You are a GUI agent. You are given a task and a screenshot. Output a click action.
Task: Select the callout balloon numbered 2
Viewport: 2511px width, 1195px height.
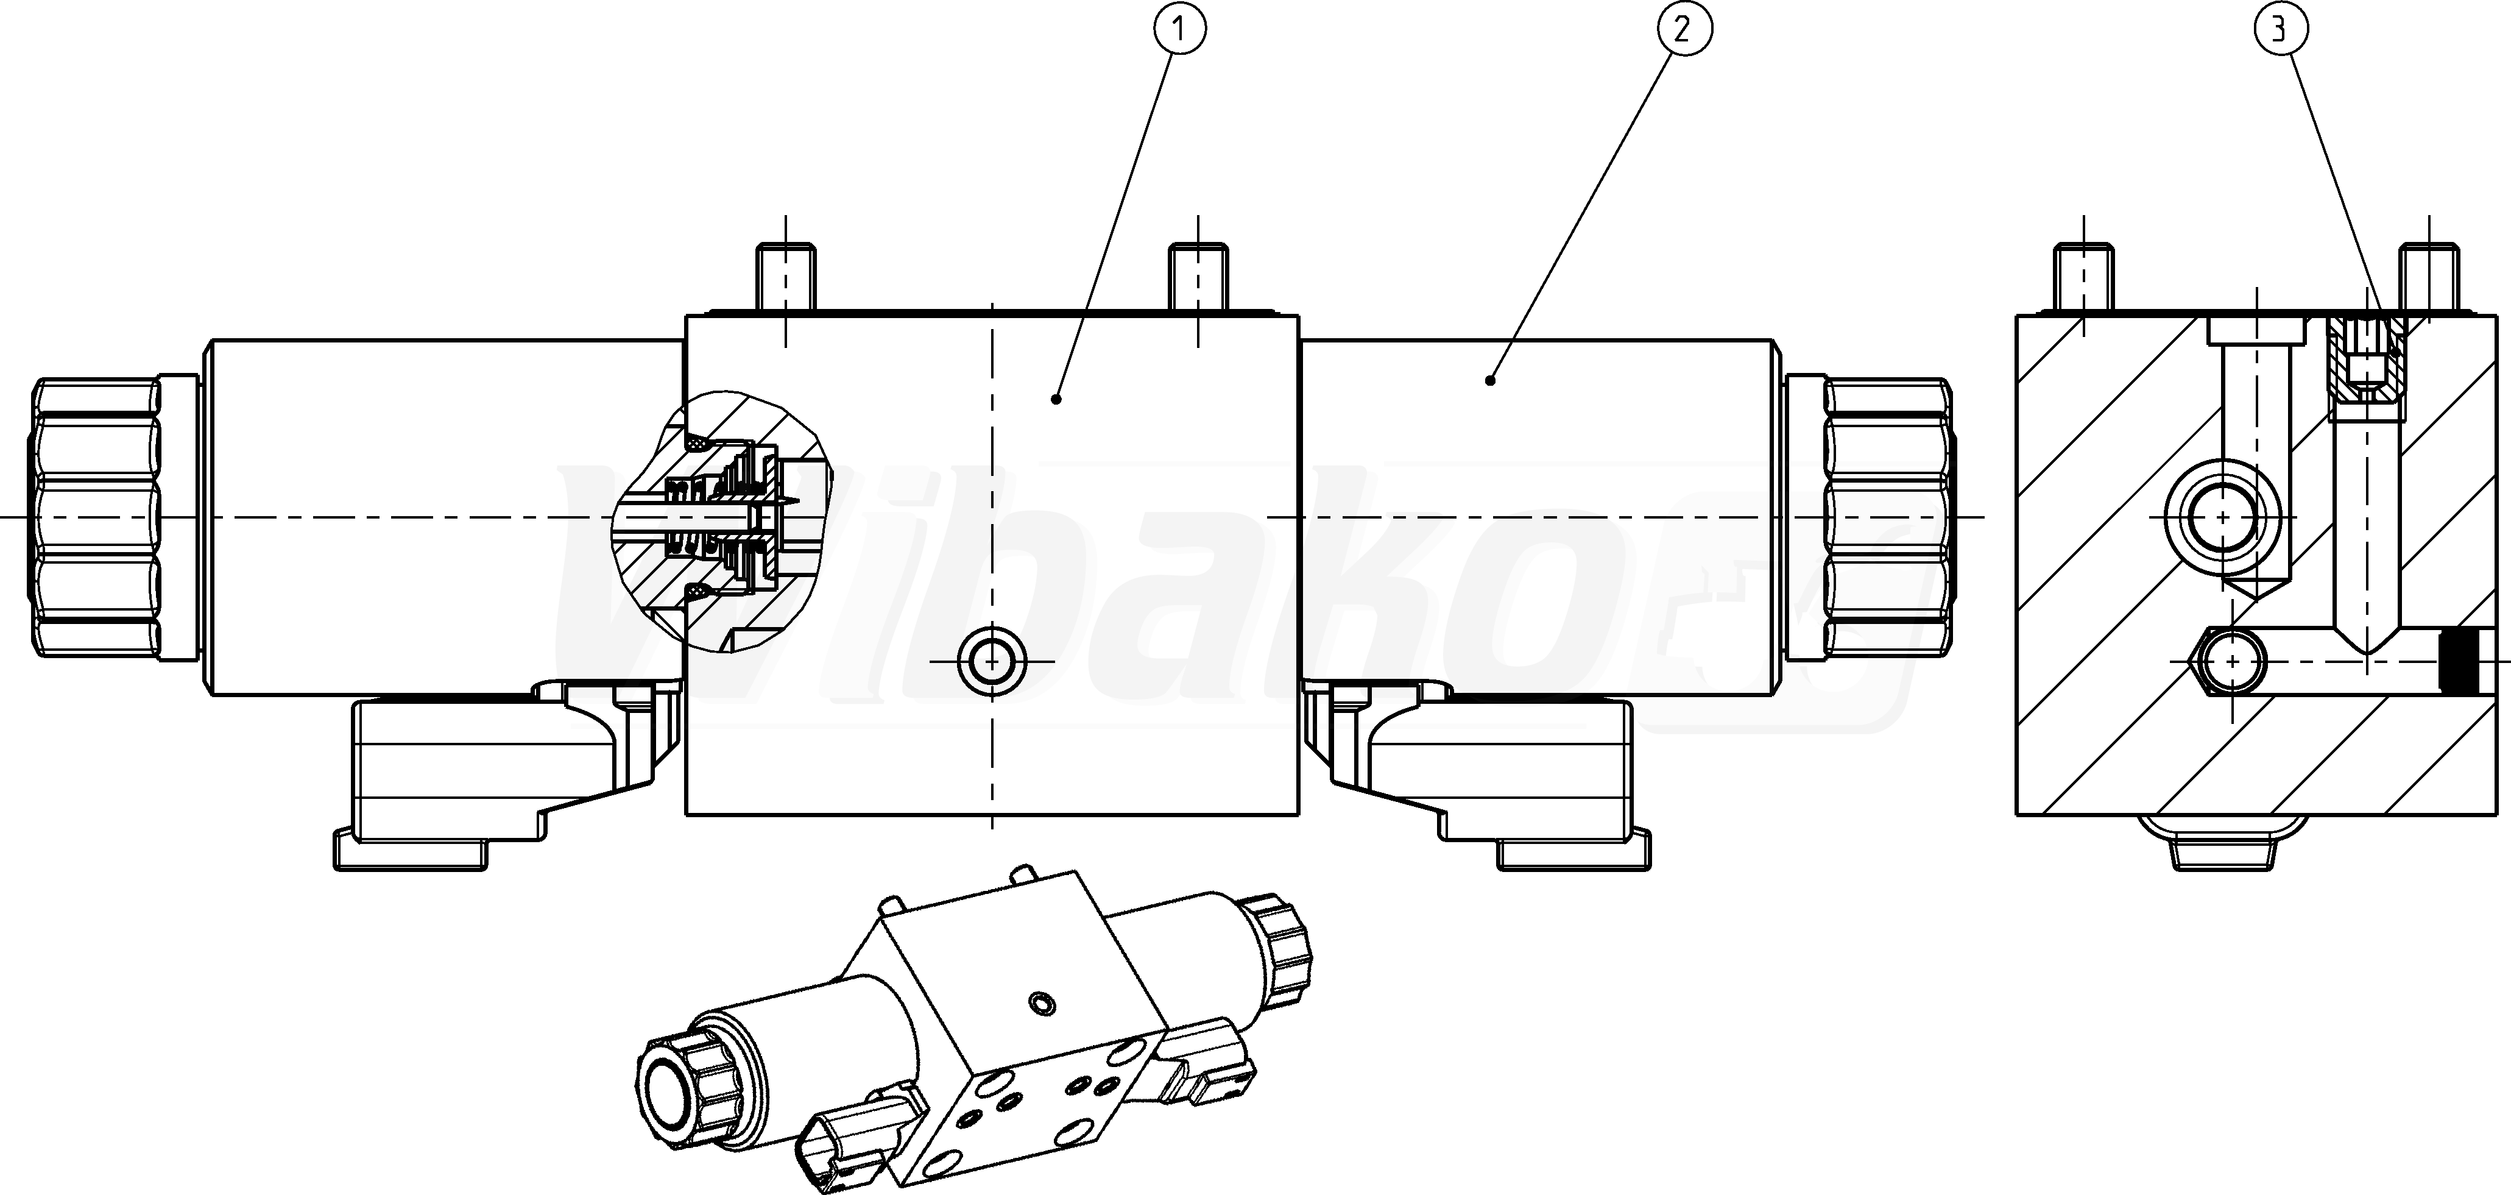point(1684,30)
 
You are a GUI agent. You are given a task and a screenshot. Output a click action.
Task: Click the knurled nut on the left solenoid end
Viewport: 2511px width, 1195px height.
point(96,517)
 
